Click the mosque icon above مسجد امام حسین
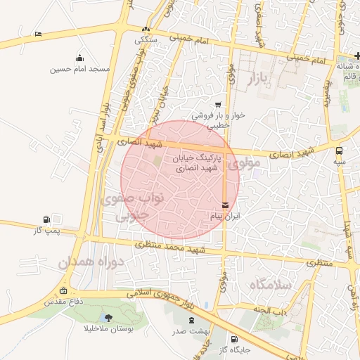click(x=80, y=58)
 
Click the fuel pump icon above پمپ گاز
click(x=46, y=219)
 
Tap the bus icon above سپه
click(x=340, y=150)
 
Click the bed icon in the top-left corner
click(x=38, y=33)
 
